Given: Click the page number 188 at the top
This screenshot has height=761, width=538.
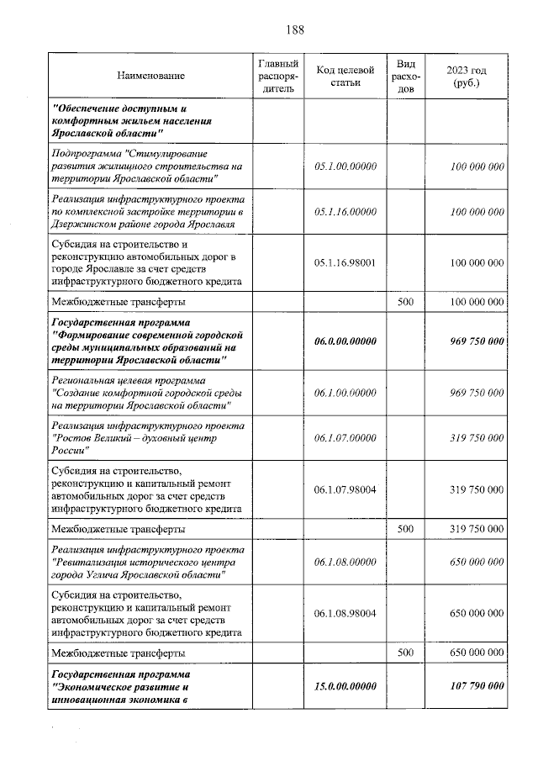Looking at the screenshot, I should click(x=294, y=30).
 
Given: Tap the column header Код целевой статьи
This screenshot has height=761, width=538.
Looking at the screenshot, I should click(x=344, y=77).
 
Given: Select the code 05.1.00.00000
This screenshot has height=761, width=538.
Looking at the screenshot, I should click(x=344, y=166).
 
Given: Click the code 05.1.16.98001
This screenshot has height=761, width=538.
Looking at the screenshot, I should click(x=344, y=262).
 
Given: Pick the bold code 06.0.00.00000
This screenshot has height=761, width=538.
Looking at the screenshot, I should click(x=344, y=341).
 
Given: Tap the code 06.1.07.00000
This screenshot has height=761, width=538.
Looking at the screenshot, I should click(x=344, y=437).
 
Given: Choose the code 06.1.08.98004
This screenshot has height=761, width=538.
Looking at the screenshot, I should click(x=344, y=613).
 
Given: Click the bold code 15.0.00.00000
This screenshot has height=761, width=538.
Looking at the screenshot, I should click(x=344, y=686).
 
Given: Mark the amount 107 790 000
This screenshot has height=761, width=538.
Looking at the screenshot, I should click(x=471, y=686).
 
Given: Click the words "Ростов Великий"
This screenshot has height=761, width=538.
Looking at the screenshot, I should click(x=92, y=438).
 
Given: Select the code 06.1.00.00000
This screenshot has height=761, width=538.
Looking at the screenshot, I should click(x=344, y=393).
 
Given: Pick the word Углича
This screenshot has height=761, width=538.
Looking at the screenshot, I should click(x=103, y=574).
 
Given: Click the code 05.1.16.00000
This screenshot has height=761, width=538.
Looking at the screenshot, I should click(x=344, y=212).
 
